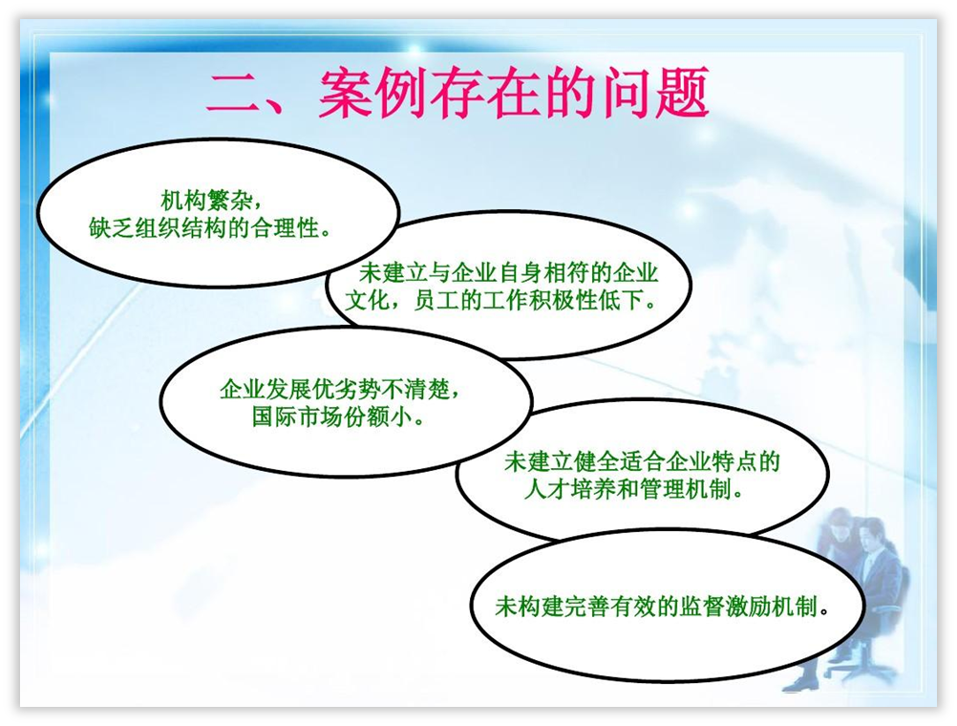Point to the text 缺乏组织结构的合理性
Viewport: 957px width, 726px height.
(x=203, y=228)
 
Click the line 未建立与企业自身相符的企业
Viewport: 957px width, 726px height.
(x=508, y=272)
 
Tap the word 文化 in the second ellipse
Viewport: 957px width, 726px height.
(x=368, y=300)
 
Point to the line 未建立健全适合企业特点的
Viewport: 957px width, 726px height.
(x=642, y=461)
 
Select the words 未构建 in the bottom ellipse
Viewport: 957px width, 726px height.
(x=528, y=607)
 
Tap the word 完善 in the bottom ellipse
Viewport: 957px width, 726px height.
(x=585, y=607)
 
